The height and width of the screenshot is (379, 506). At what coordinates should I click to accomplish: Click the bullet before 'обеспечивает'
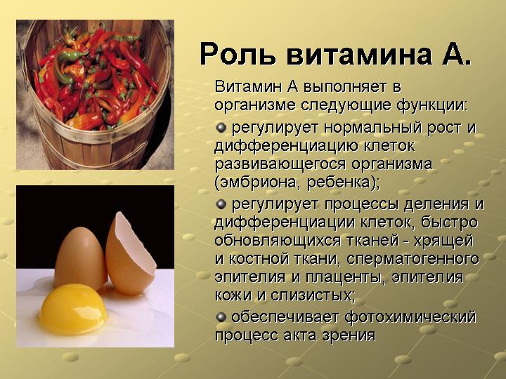click(x=221, y=317)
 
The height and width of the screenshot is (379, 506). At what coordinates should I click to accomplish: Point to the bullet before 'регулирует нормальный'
click(x=221, y=127)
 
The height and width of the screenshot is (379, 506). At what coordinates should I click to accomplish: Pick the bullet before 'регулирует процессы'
click(x=221, y=204)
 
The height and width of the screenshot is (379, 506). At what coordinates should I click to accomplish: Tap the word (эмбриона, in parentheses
click(x=254, y=182)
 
